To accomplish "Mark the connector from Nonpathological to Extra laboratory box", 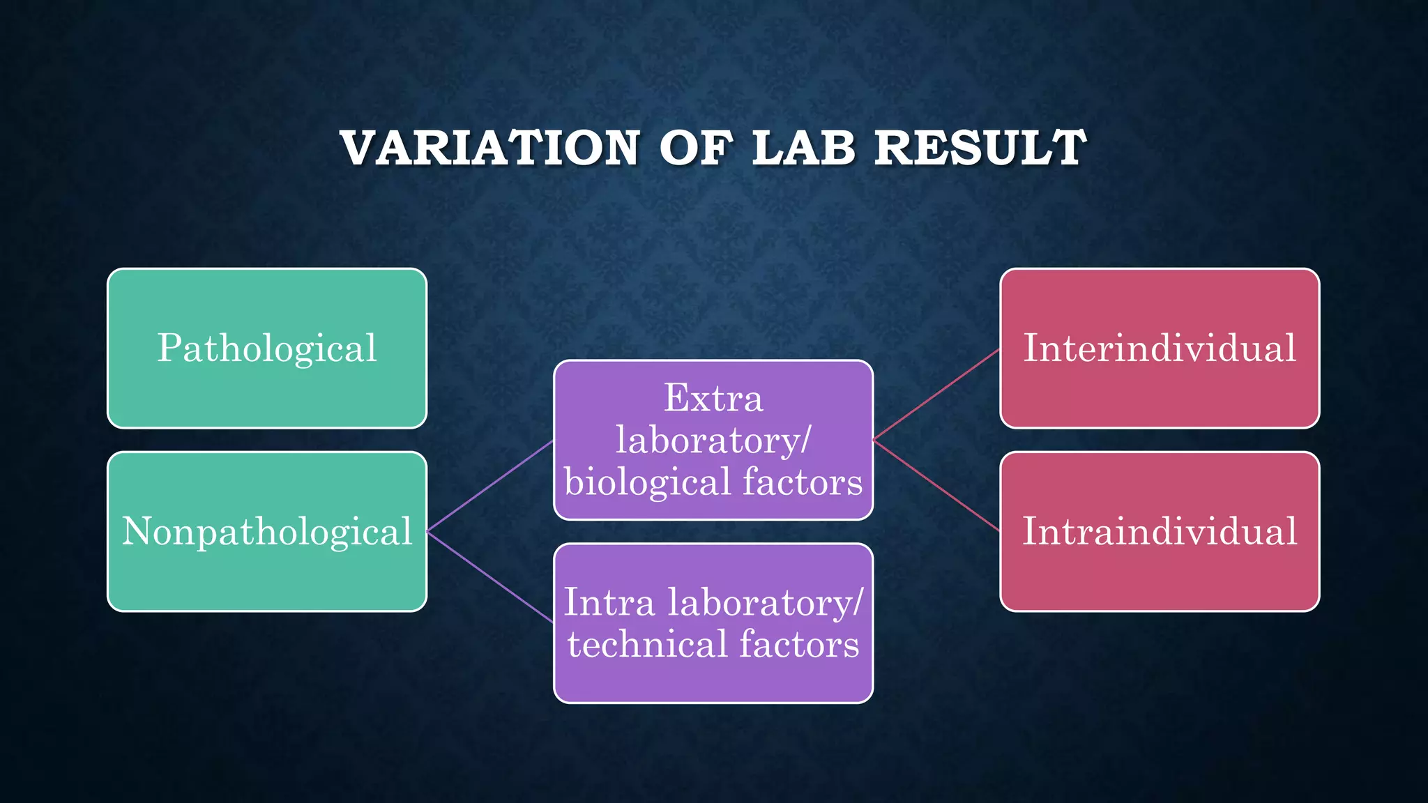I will pos(490,486).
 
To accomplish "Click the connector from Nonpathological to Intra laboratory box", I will pos(490,576).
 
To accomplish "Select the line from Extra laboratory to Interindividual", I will pos(936,395).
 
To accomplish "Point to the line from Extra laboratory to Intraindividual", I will pos(936,486).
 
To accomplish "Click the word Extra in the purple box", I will pos(713,399).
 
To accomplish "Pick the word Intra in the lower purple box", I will pos(609,602).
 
